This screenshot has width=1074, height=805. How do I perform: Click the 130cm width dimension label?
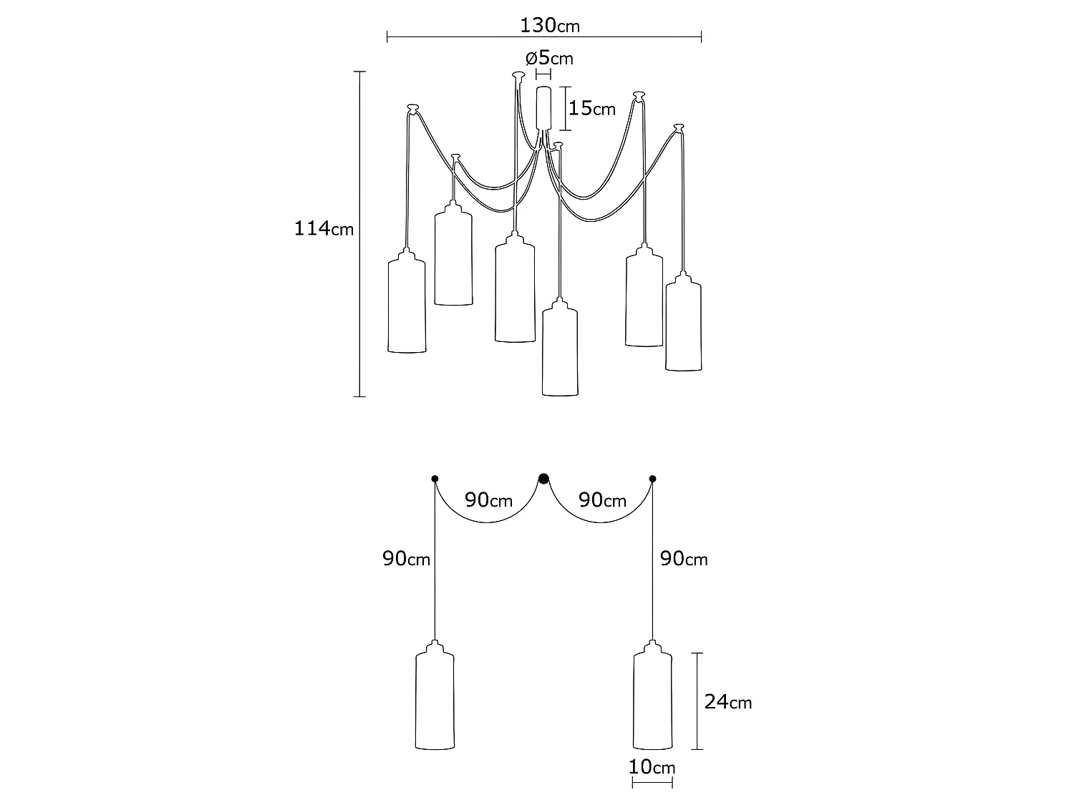pos(549,26)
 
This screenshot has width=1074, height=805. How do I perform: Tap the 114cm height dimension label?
pos(324,230)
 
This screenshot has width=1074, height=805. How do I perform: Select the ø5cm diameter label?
pos(549,58)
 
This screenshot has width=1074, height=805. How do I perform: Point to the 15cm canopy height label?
pos(591,109)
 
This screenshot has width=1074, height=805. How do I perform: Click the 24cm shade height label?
pos(727,702)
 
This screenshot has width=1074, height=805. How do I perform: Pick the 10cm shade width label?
pos(652,768)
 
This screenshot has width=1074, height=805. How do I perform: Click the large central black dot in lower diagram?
pos(543,479)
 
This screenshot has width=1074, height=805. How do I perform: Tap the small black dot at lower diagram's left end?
pos(434,479)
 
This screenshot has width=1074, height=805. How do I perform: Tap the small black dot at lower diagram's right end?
pos(652,479)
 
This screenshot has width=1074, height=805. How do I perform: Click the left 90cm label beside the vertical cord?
pos(406,559)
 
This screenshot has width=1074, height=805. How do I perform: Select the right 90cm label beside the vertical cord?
pos(683,559)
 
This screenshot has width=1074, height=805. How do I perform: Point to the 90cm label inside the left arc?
pos(488,500)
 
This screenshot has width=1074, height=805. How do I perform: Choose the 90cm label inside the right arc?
pos(602,500)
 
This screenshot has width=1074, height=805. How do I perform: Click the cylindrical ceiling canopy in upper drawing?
pos(544,107)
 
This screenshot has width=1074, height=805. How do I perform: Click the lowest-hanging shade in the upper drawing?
pos(560,351)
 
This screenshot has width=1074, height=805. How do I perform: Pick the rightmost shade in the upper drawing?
pos(683,326)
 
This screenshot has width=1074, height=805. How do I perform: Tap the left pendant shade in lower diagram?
pos(435,701)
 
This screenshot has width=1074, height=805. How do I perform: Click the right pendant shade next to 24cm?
pos(652,701)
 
